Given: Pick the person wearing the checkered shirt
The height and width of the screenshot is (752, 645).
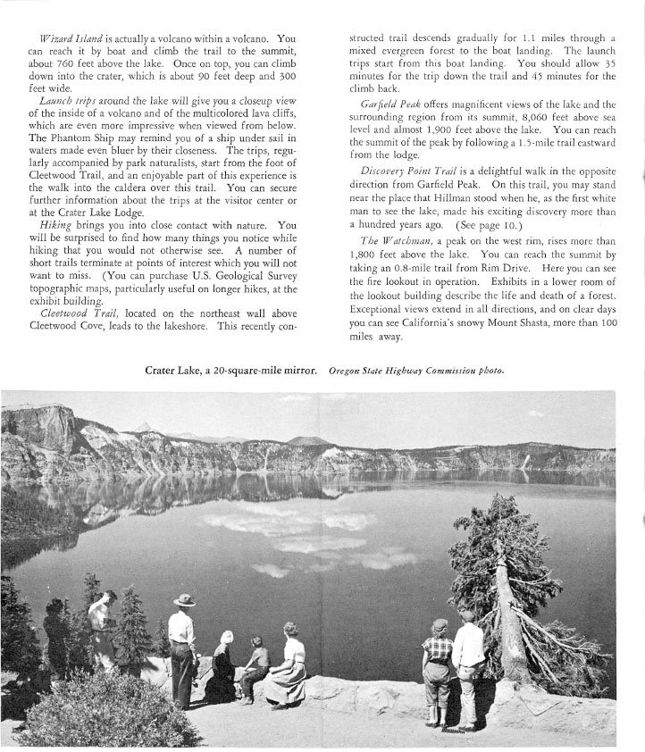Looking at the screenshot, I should click(x=437, y=670).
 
